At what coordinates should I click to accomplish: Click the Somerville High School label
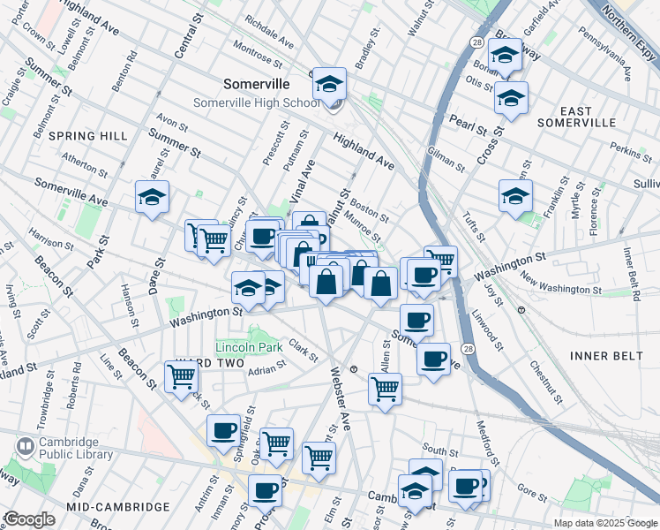pos(257,103)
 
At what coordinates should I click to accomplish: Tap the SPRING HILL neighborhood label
pos(88,135)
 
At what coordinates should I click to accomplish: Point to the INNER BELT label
pos(603,355)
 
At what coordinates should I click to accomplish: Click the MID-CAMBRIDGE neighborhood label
pos(117,507)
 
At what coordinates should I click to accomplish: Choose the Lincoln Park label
pos(250,347)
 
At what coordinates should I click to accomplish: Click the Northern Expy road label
pos(629,21)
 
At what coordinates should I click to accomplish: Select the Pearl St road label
pos(468,123)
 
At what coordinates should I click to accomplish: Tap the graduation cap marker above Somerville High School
pos(329,85)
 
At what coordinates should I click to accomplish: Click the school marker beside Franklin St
pos(515,197)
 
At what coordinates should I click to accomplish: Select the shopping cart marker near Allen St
pos(385,389)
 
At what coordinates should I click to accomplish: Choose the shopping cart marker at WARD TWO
pos(181,376)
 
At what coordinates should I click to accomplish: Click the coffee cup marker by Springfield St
pos(224,430)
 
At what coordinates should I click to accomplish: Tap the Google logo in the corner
pos(29,519)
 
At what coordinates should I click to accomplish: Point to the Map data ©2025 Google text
pos(604,523)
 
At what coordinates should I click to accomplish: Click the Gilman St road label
pos(445,160)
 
